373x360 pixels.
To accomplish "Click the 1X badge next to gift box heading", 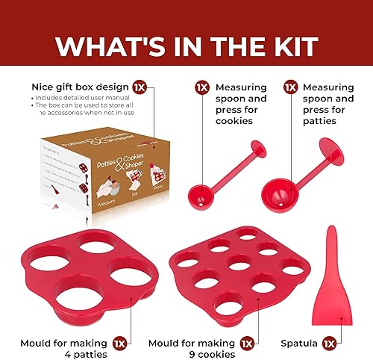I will click(139, 87).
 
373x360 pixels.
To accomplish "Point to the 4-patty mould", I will click(78, 261).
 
